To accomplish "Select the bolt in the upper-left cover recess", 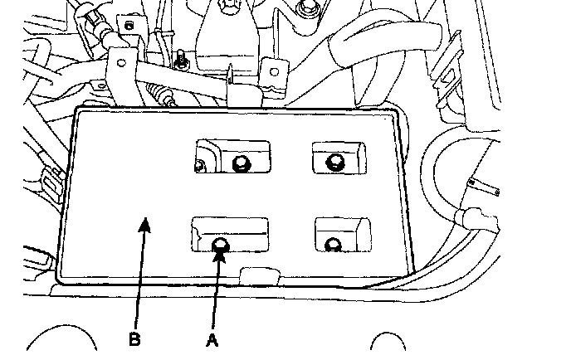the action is point(241,163).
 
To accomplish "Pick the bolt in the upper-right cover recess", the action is point(336,161).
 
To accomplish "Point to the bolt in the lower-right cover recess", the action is point(333,244).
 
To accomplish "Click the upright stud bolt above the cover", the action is point(178,59).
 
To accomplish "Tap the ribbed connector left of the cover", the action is point(50,178).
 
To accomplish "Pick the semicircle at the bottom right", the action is point(391,347).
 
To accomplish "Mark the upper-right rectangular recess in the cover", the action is point(338,156).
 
